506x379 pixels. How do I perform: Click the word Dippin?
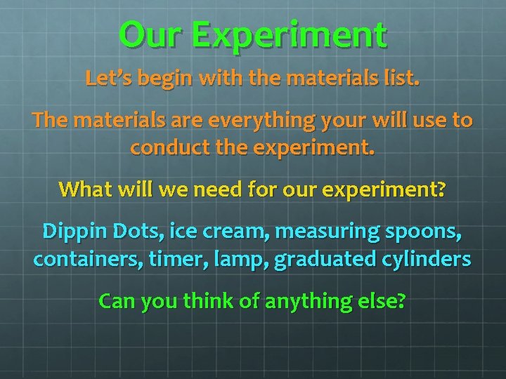(70, 231)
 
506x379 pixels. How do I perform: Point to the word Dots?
(126, 231)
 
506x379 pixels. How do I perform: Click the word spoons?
(427, 232)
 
